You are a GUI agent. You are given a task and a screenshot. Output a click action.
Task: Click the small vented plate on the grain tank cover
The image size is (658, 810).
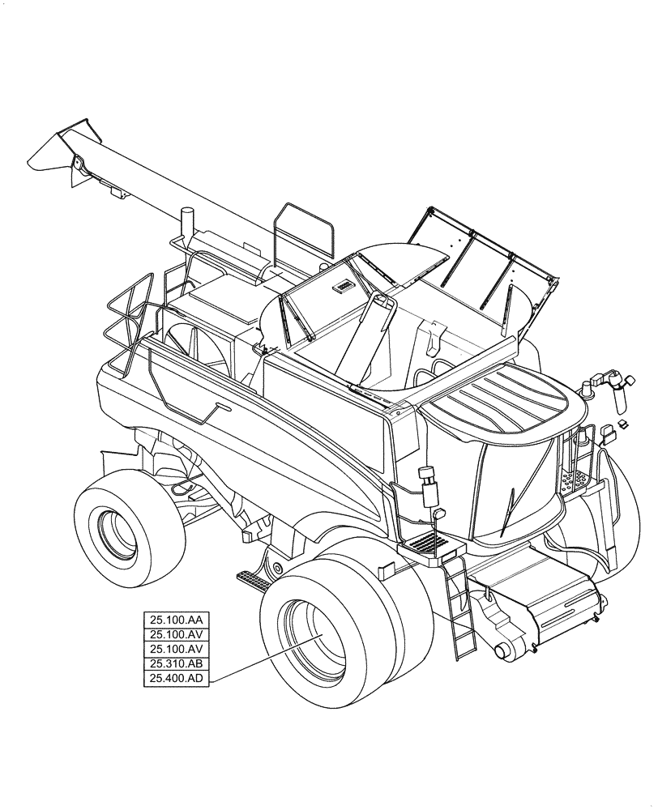(341, 285)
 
